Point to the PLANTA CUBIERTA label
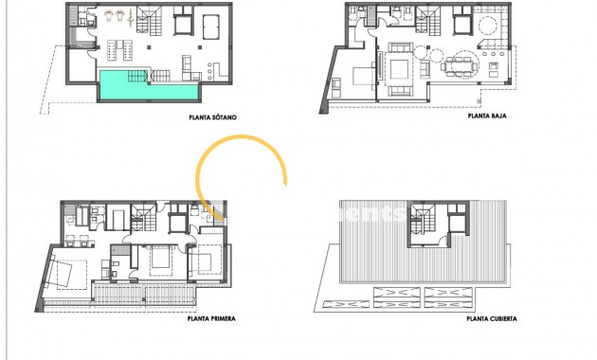[x=492, y=319]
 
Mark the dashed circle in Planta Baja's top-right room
[x=488, y=24]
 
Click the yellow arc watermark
[x=242, y=176]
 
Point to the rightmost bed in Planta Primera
[x=208, y=260]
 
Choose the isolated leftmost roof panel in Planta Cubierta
[x=335, y=304]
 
